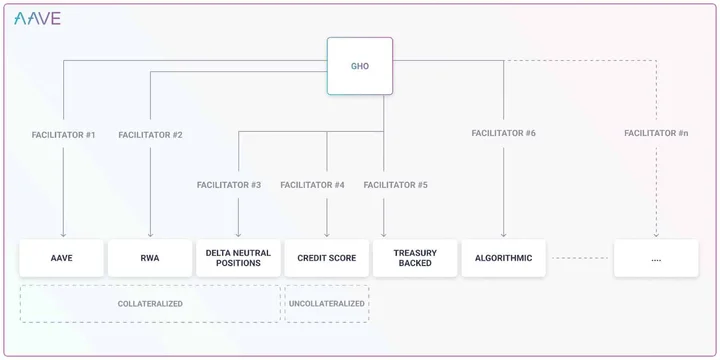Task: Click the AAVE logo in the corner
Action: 37,18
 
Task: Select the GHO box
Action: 360,66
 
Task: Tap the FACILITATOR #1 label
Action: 63,135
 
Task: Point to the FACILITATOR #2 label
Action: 151,135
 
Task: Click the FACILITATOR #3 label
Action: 229,185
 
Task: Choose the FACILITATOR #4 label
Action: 313,185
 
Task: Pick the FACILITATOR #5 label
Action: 396,185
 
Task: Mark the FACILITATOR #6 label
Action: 504,133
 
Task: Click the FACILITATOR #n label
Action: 656,133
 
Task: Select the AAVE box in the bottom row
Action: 62,258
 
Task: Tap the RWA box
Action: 150,258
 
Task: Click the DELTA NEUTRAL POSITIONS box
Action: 238,258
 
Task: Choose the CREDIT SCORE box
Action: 326,258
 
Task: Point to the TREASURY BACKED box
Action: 415,258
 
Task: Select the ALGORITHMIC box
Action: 504,258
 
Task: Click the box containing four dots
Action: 656,258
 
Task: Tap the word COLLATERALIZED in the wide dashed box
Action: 150,304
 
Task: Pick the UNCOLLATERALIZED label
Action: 326,304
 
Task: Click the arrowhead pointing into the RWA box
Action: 151,235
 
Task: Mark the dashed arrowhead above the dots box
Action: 656,235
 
